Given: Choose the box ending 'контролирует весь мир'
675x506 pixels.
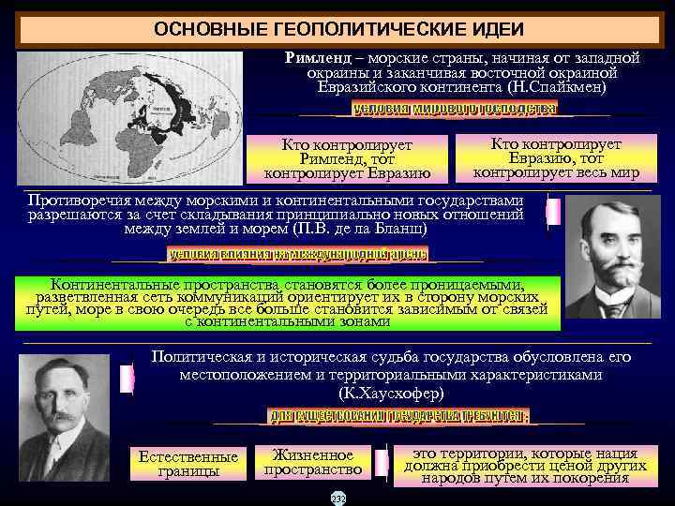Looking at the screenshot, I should (x=556, y=157).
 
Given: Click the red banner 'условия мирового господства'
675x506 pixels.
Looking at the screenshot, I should (x=454, y=109).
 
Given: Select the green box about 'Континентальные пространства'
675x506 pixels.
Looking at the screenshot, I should (x=288, y=303).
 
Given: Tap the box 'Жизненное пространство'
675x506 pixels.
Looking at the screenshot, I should (x=313, y=461).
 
